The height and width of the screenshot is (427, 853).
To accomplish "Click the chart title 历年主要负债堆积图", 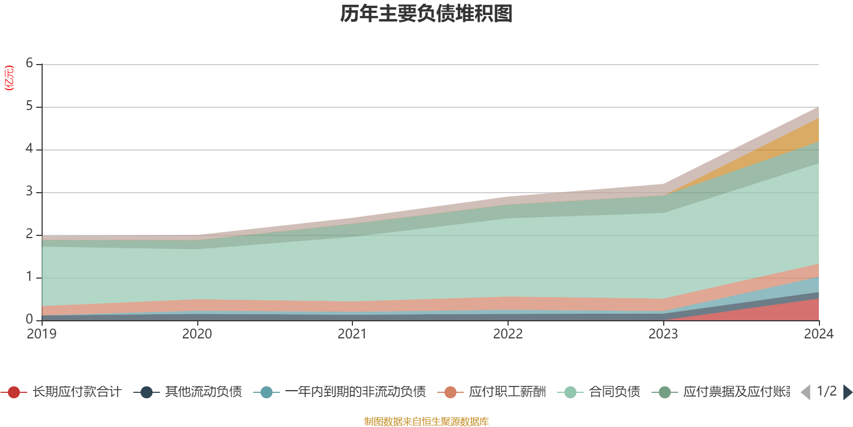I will [x=426, y=14].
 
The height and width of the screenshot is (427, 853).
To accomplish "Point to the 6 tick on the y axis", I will [x=29, y=64].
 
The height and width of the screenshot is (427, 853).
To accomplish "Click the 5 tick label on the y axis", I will [x=29, y=106].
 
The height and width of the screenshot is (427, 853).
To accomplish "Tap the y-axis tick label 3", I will [x=29, y=192].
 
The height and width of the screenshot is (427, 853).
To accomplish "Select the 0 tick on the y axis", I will [x=29, y=319].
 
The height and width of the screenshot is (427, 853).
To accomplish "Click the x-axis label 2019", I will [x=42, y=334].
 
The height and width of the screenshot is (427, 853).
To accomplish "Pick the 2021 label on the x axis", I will [x=352, y=334].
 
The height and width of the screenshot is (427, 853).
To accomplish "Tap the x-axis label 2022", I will [x=508, y=334].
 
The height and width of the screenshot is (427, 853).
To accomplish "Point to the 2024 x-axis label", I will [x=818, y=334].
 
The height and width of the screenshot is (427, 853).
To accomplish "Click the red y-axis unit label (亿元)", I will [x=9, y=78].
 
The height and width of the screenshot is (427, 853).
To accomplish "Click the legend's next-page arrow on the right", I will [x=847, y=392].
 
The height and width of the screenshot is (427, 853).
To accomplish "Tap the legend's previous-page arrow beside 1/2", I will [x=806, y=392].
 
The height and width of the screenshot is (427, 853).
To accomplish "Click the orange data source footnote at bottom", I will [x=426, y=422].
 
